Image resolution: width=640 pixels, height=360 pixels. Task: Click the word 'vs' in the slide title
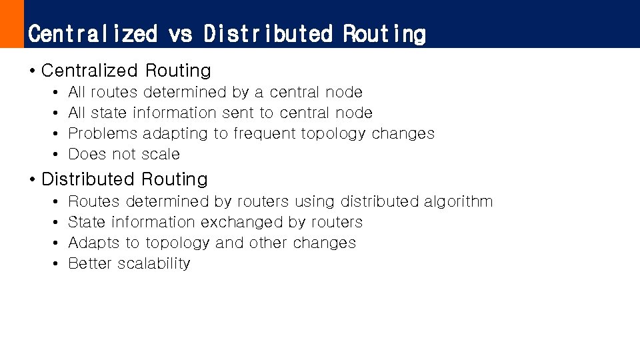point(180,33)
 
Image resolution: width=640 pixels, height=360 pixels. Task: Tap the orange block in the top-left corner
point(11,23)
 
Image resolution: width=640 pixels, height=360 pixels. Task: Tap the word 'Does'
point(87,154)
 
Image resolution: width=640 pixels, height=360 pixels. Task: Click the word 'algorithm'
point(459,201)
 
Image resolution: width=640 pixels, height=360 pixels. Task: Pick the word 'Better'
point(90,263)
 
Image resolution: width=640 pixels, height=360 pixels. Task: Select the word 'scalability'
point(154,263)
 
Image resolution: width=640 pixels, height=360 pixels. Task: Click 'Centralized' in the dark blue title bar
point(93,33)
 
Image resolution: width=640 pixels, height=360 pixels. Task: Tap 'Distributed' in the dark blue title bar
point(268,33)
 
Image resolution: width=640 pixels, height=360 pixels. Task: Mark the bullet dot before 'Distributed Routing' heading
point(33,180)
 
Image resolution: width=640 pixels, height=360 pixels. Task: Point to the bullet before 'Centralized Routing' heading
point(33,71)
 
